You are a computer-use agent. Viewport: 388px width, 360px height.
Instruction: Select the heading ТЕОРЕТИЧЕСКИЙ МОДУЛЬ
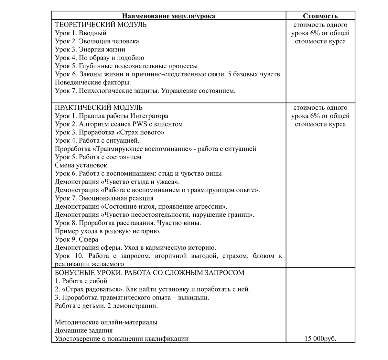point(101,25)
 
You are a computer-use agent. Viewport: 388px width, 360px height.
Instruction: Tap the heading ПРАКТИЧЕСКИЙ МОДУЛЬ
point(99,107)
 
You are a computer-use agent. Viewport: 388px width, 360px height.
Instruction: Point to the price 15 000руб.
point(320,339)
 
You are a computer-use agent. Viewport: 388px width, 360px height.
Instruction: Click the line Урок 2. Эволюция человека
point(97,41)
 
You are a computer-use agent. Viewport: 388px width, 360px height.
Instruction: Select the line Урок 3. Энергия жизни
point(90,49)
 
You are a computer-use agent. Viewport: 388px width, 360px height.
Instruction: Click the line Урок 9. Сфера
point(77,239)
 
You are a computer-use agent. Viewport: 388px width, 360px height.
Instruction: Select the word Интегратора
point(149,116)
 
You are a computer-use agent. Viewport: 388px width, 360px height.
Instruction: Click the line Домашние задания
point(84,331)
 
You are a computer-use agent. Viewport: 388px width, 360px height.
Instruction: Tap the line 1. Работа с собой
point(81,281)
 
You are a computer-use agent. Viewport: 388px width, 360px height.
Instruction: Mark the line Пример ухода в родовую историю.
point(108,231)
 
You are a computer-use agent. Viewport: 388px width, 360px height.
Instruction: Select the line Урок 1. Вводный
point(81,33)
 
